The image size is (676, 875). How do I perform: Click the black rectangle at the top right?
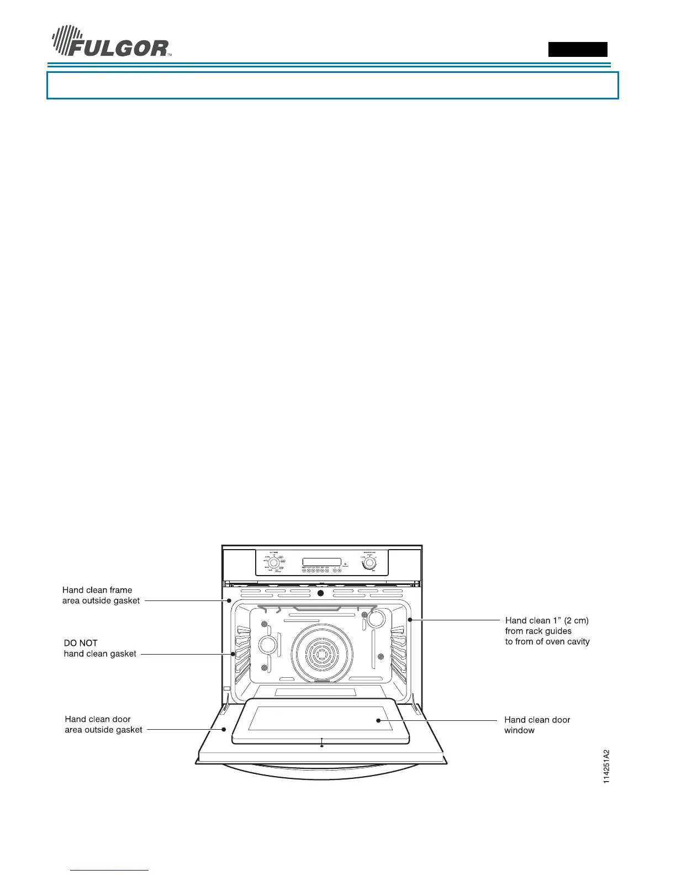click(577, 49)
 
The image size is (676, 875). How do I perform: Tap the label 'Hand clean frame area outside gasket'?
click(101, 595)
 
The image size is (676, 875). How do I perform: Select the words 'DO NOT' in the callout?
click(81, 643)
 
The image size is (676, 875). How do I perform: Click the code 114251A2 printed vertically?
click(606, 766)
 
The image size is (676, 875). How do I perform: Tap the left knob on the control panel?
click(273, 562)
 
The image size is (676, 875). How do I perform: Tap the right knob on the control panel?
click(369, 563)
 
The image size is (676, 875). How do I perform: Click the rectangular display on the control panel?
click(321, 562)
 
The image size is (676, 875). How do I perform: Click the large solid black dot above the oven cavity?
click(320, 593)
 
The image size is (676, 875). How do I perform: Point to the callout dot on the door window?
click(378, 720)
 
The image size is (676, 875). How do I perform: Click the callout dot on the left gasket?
click(233, 653)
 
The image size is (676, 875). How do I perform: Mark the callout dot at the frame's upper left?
click(229, 600)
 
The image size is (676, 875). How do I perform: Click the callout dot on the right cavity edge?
click(410, 620)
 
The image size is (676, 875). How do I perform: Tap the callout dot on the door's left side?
click(224, 729)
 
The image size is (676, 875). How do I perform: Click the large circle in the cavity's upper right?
click(376, 619)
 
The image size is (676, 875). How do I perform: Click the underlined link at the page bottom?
click(110, 870)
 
